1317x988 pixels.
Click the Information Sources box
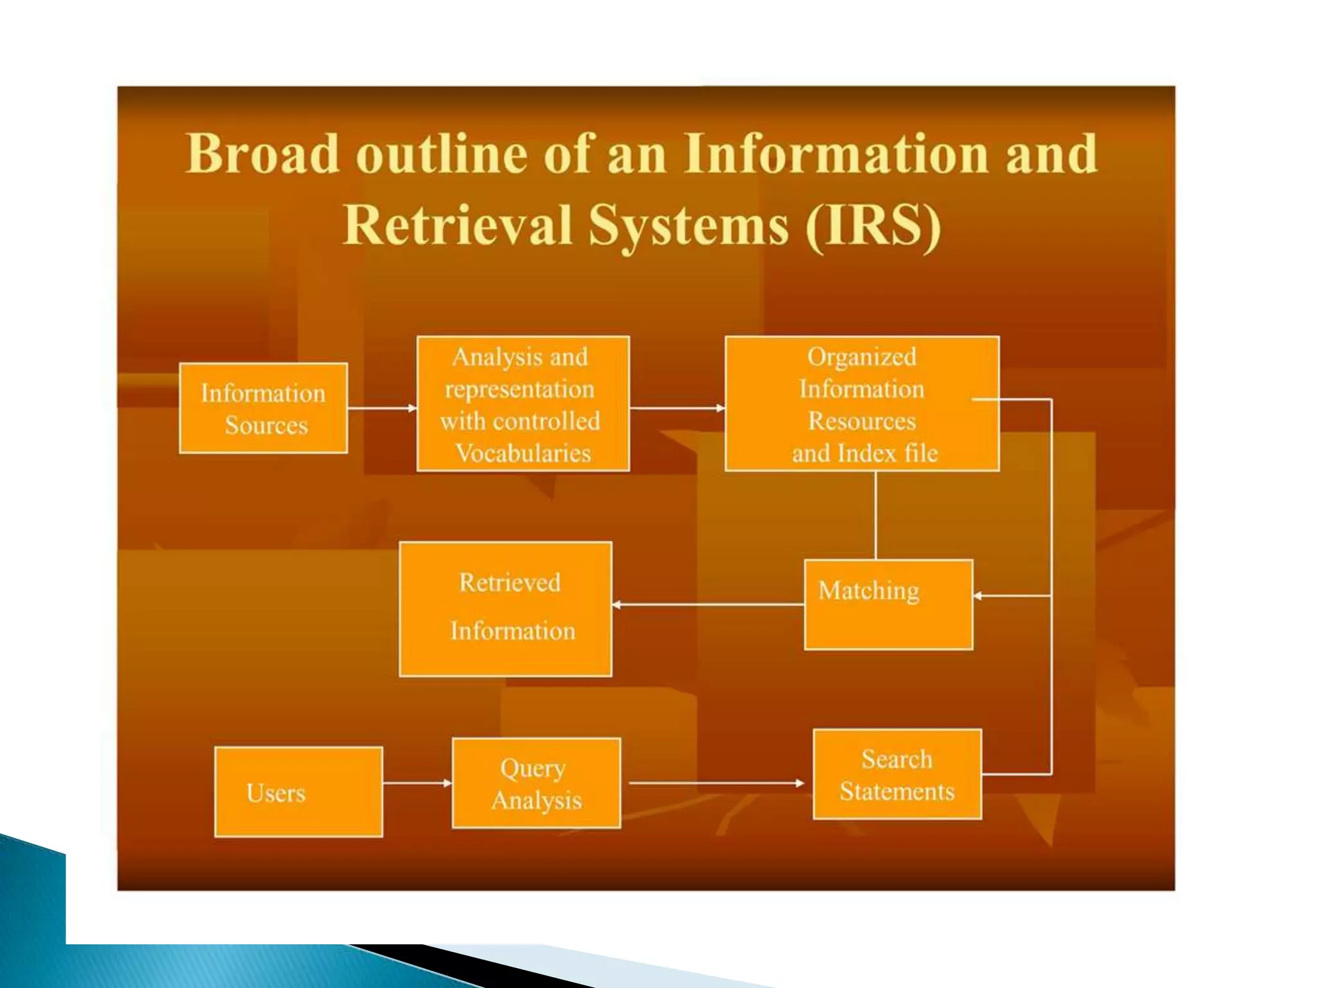263,408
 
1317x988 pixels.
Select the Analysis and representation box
523,404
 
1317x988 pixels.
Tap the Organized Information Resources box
862,404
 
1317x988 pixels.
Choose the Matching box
888,605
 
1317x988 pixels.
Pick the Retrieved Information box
505,608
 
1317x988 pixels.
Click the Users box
298,792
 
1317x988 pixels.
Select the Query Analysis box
536,783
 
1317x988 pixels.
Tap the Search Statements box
897,774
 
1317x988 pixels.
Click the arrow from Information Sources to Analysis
382,408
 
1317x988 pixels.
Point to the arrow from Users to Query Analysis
417,783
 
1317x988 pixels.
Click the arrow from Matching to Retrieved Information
707,605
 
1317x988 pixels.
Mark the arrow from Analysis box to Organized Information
677,408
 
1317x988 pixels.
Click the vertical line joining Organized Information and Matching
876,515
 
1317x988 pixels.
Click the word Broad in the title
262,154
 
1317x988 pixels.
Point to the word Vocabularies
523,453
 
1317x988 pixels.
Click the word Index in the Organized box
866,453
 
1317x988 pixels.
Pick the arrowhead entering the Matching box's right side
978,596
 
